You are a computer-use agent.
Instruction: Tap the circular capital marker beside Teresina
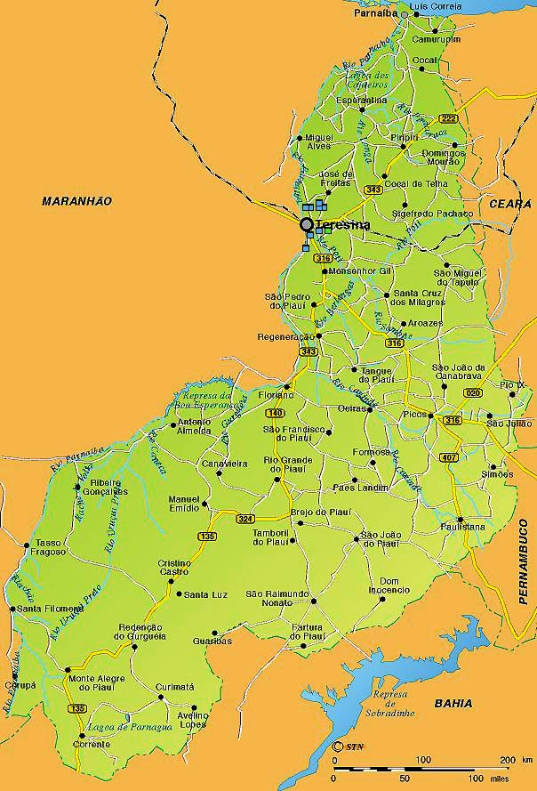pyautogui.click(x=307, y=225)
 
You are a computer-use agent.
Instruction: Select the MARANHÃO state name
pyautogui.click(x=77, y=202)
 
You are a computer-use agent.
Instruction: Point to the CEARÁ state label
pyautogui.click(x=509, y=204)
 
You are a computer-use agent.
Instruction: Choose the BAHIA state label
pyautogui.click(x=453, y=704)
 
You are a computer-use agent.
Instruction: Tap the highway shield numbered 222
pyautogui.click(x=448, y=119)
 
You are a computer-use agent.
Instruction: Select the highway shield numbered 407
pyautogui.click(x=448, y=458)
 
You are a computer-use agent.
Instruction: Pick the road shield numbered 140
pyautogui.click(x=275, y=414)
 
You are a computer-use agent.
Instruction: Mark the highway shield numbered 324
pyautogui.click(x=245, y=519)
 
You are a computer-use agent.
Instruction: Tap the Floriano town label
pyautogui.click(x=276, y=394)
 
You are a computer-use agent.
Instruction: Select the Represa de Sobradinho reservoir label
pyautogui.click(x=389, y=706)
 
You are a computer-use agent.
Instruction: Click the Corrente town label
pyautogui.click(x=92, y=744)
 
